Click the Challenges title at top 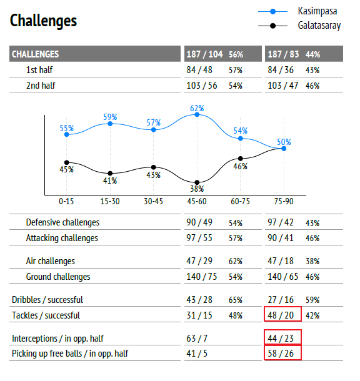coord(43,21)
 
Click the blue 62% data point coord(197,114)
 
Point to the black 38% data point coord(197,182)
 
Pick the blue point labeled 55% coord(67,134)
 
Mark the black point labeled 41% coord(110,173)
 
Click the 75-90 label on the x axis coord(284,202)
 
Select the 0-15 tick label coord(66,202)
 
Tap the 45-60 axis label coord(197,202)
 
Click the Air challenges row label coord(51,261)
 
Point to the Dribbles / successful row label coord(47,300)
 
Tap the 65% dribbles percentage coord(236,300)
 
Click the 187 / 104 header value coord(204,54)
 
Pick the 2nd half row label coord(41,86)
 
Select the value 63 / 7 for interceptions coord(197,339)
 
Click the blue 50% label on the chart coord(284,142)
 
